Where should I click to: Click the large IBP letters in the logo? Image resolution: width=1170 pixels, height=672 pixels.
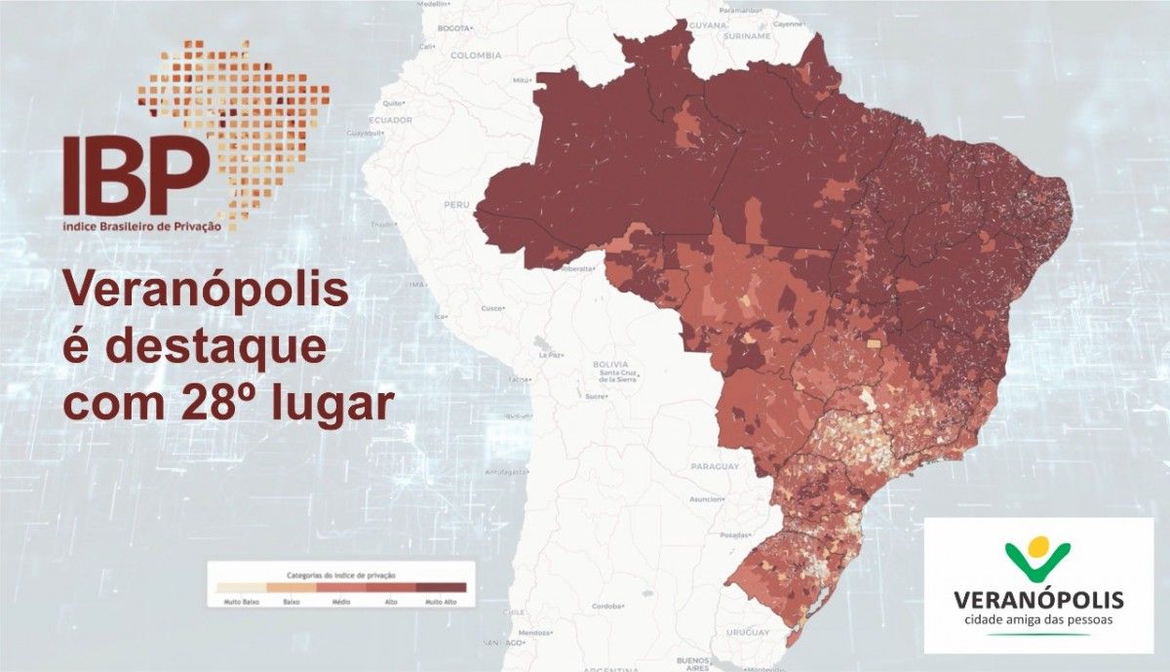136,177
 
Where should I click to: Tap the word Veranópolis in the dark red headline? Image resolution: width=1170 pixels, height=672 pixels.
206,292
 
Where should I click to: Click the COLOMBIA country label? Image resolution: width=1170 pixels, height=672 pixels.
476,56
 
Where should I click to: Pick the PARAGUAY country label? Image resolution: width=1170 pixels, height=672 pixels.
714,466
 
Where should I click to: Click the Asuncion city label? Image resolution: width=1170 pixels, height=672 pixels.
704,498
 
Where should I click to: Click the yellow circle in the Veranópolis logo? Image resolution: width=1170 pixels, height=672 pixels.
1040,547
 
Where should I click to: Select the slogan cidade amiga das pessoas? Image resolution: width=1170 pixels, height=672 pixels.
1038,618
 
